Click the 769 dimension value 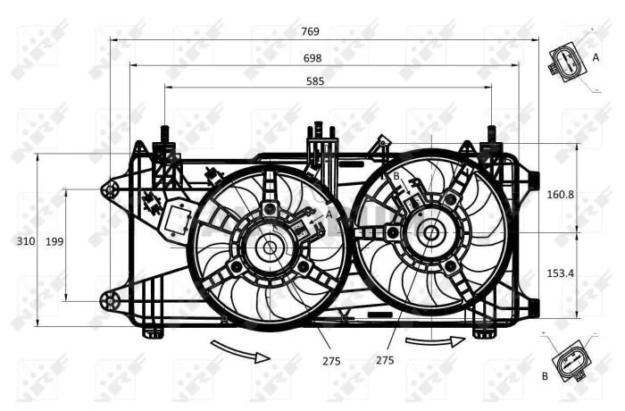310,31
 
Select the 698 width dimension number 312,58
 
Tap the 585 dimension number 315,81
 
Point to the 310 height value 26,241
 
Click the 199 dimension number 54,241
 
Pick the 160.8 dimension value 560,194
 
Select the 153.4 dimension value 560,273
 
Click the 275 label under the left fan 331,361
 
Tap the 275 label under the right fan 385,360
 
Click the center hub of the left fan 270,247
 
